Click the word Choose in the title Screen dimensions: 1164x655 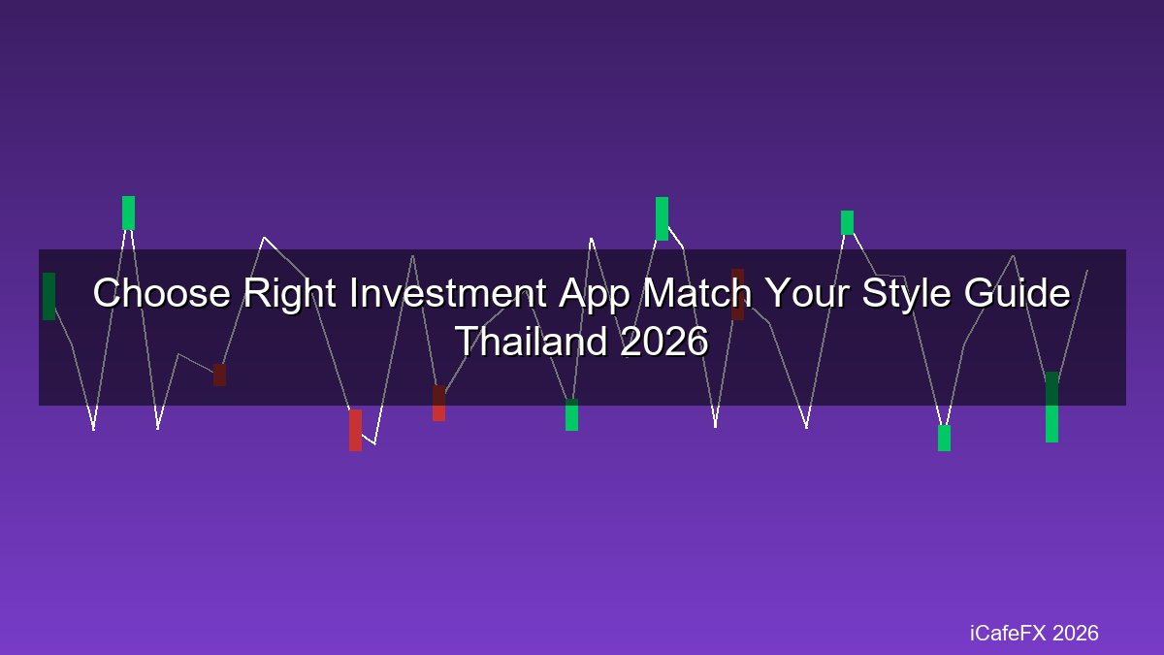click(162, 293)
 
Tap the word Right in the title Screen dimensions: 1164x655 click(290, 294)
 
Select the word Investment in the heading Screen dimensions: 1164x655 click(447, 293)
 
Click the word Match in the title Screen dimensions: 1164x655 click(697, 293)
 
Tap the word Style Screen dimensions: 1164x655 click(907, 295)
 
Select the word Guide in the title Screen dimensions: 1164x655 click(1017, 293)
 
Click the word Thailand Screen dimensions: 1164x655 click(532, 342)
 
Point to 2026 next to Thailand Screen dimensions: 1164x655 click(664, 342)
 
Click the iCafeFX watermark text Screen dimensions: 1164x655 click(1008, 633)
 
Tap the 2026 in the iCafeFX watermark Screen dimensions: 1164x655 click(1075, 633)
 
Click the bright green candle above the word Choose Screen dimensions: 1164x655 click(128, 213)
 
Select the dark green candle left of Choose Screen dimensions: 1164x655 click(48, 296)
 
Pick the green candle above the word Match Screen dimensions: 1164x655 click(662, 218)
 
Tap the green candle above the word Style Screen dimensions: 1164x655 click(847, 222)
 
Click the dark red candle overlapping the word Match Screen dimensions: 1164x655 click(737, 294)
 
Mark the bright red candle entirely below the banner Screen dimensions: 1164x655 click(355, 430)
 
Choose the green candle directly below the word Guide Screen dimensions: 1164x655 click(1051, 407)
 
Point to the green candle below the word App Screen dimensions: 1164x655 click(571, 415)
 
